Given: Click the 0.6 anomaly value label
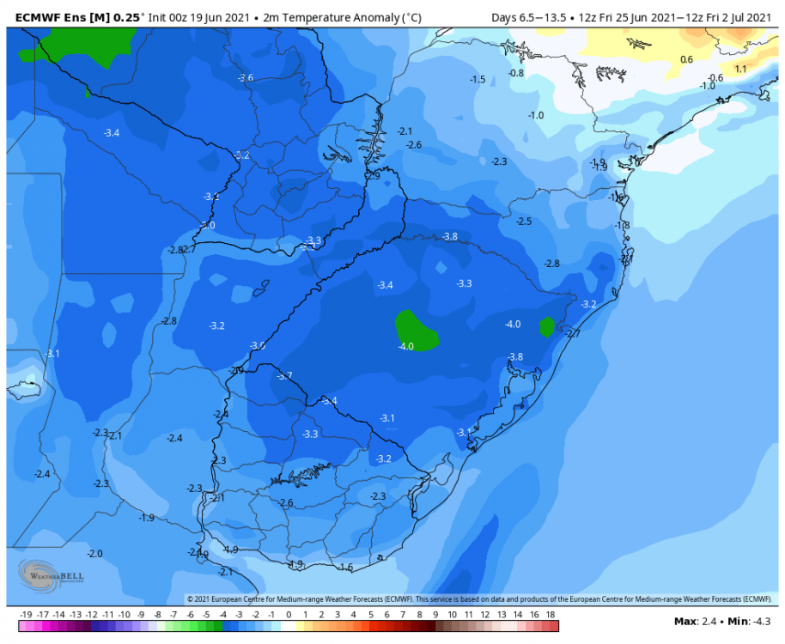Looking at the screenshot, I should point(686,59).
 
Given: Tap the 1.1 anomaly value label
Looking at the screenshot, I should point(740,69).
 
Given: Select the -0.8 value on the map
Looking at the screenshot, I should point(516,73).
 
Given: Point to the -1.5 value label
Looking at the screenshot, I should point(478,79).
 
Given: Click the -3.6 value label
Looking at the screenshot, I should point(246,78).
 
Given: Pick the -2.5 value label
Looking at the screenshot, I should point(524,221).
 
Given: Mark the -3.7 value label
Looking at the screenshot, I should point(284,375).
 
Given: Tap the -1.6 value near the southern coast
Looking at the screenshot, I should point(346,568).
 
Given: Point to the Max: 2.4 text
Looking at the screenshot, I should point(695,621).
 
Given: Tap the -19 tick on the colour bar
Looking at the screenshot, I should point(25,615).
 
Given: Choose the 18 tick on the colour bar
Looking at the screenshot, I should point(551,615).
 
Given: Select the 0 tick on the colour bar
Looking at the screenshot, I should point(289,615).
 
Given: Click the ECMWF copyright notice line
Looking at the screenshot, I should point(479,599).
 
